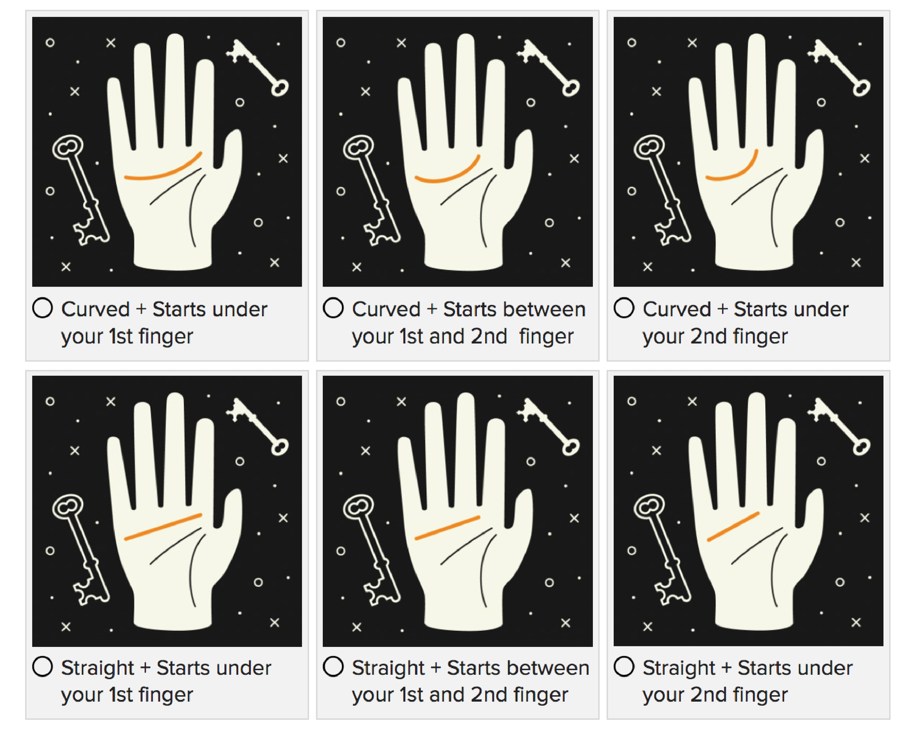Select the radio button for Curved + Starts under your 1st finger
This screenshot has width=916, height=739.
pyautogui.click(x=42, y=308)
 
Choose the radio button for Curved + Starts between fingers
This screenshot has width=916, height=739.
pyautogui.click(x=333, y=308)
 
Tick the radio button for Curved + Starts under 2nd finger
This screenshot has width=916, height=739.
pyautogui.click(x=623, y=308)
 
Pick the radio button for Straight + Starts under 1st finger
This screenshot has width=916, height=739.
pyautogui.click(x=42, y=666)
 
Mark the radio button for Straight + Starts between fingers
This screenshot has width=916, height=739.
pyautogui.click(x=333, y=666)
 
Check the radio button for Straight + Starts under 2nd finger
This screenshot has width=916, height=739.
pyautogui.click(x=623, y=666)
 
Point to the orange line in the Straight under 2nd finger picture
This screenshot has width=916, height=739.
pyautogui.click(x=733, y=527)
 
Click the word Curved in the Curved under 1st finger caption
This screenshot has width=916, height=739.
pyautogui.click(x=95, y=309)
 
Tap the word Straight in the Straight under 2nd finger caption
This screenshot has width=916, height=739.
pyautogui.click(x=678, y=668)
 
